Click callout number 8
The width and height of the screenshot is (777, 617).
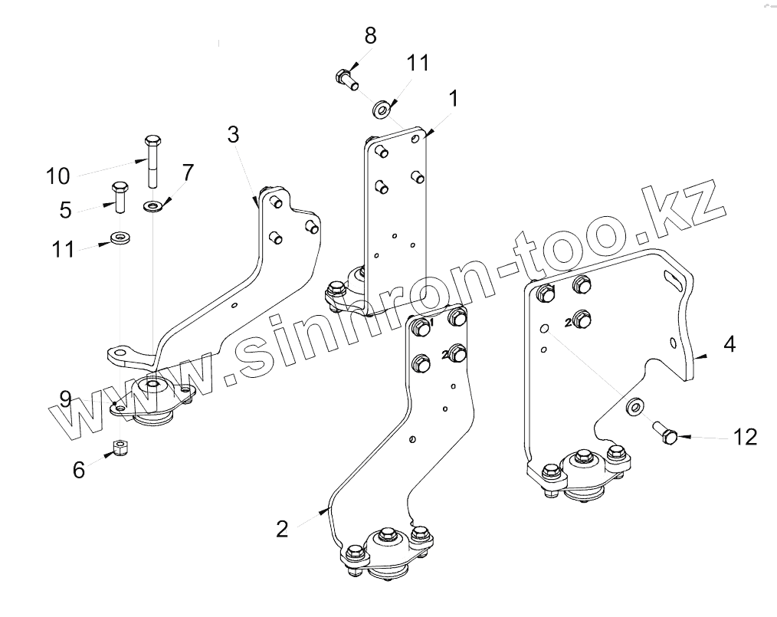(371, 35)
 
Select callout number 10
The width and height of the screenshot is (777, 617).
(58, 176)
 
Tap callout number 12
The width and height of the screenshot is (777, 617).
(745, 437)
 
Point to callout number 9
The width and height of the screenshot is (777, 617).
(67, 399)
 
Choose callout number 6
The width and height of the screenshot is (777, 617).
(79, 469)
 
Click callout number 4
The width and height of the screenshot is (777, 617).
(729, 344)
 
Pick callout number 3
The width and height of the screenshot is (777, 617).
(233, 134)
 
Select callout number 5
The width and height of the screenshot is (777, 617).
(66, 209)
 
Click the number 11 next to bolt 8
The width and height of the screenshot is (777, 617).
(418, 63)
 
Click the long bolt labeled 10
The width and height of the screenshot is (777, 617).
(151, 160)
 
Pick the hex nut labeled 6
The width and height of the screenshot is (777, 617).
(120, 447)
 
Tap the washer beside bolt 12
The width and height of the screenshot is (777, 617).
(634, 406)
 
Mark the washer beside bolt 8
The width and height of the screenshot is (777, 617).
(381, 108)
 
